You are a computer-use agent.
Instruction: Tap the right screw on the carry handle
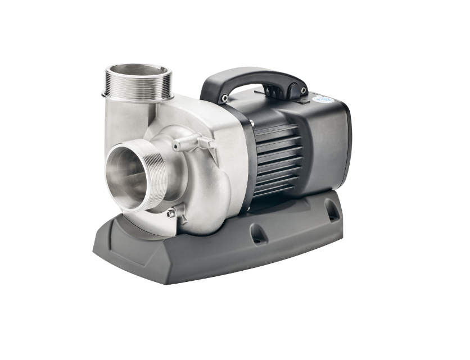coord(304,89)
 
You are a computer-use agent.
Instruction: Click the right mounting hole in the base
coord(332,211)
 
